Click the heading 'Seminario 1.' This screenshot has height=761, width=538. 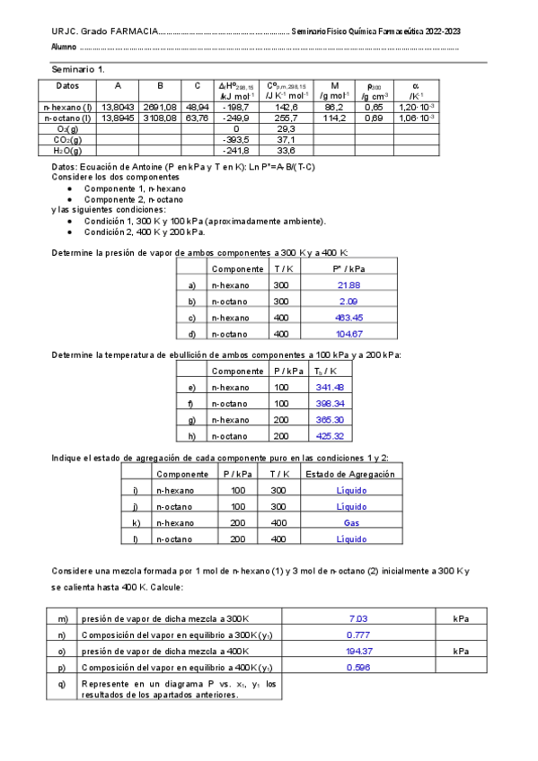78,69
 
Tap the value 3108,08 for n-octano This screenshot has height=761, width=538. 160,117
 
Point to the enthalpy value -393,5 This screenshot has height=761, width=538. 235,139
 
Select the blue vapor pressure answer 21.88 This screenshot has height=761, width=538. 348,284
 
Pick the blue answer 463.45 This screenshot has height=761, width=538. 348,317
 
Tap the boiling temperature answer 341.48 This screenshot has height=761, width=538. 331,387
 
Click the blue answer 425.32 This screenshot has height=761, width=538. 331,436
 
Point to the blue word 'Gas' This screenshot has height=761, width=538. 352,522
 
